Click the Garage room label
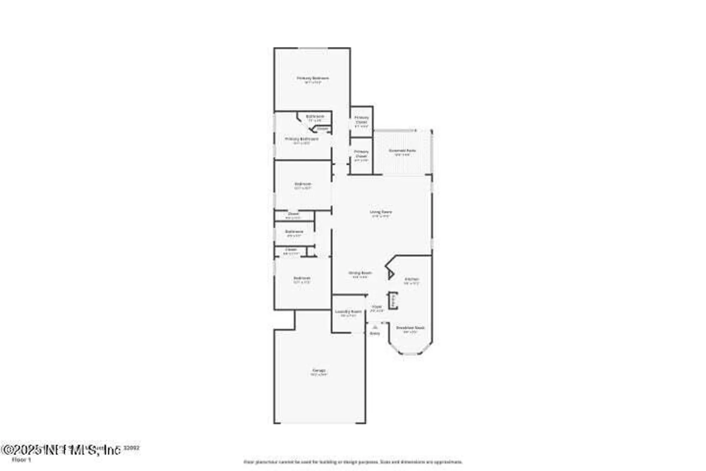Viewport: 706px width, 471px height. coord(319,370)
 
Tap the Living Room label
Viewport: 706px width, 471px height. coord(381,212)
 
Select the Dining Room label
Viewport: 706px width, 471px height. coord(360,273)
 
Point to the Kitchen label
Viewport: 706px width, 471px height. coord(412,279)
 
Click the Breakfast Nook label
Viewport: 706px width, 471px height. coord(410,328)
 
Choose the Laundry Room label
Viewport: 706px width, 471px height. coord(348,312)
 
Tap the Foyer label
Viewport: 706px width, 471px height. coord(377,307)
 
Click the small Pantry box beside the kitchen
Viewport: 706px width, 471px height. coord(393,301)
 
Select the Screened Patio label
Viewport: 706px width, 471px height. coord(402,151)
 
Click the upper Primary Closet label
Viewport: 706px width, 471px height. coord(361,120)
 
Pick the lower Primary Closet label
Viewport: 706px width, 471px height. coord(361,154)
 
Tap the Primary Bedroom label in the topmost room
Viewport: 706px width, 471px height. coord(313,78)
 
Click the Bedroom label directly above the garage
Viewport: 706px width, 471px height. coord(302,278)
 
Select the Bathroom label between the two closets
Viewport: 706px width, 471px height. coord(294,231)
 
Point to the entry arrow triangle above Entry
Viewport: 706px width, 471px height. coord(375,328)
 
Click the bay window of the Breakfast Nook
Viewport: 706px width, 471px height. coord(410,353)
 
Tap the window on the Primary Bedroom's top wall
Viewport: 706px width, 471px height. coord(313,48)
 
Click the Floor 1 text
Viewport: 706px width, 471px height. coord(22,460)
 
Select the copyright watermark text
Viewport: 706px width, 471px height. coord(62,450)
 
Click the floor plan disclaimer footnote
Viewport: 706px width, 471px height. coord(353,462)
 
